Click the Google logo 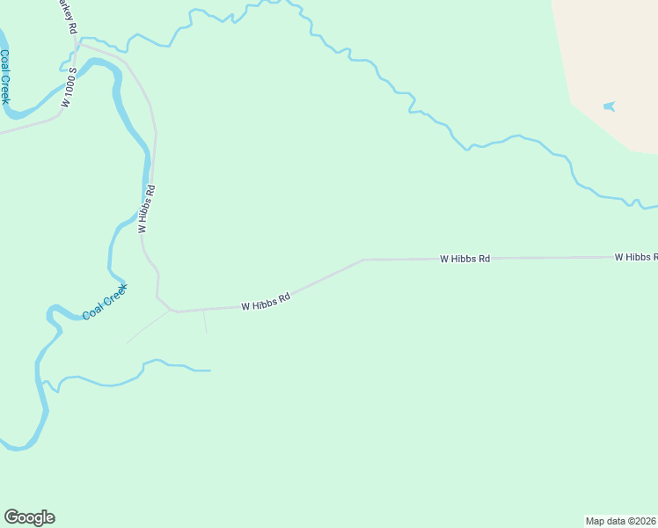tap(29, 517)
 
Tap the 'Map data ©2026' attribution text tap(621, 520)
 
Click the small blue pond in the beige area tap(609, 106)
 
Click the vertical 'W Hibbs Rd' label tap(147, 209)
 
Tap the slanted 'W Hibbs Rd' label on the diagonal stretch tap(266, 302)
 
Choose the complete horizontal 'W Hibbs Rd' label tap(464, 259)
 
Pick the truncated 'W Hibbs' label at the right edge tap(635, 257)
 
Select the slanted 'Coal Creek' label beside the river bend tap(105, 302)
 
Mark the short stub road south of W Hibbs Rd tap(205, 322)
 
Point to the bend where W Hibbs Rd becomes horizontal tap(363, 260)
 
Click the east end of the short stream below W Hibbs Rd tap(209, 370)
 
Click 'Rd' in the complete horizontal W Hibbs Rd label tap(484, 259)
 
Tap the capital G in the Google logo tap(11, 517)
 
